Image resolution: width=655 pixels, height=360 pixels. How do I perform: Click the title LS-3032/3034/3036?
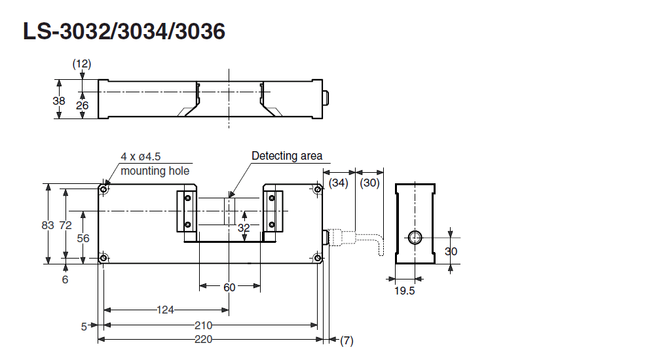point(124,31)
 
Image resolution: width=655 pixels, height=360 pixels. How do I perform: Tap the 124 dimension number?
point(165,310)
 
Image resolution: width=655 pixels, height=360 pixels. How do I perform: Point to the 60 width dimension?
point(229,287)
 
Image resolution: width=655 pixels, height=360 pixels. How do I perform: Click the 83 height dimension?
point(47,225)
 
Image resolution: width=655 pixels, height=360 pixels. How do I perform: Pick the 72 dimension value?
point(65,225)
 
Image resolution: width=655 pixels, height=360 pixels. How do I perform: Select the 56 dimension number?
point(83,238)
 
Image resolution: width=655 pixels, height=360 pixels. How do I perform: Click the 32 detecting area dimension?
point(244,228)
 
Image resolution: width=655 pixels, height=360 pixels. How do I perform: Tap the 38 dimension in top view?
point(59,101)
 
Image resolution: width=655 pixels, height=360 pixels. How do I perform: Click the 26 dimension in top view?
point(82,105)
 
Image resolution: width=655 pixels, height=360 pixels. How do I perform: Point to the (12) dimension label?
point(82,63)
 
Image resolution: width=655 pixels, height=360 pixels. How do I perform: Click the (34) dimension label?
point(339,183)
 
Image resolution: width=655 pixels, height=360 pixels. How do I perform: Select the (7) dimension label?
point(346,340)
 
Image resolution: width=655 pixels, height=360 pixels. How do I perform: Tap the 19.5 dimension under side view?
point(405,291)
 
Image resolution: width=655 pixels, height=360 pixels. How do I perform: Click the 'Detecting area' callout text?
point(287,156)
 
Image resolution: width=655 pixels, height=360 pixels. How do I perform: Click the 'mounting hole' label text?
point(155,171)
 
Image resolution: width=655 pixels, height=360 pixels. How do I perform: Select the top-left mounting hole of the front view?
point(103,189)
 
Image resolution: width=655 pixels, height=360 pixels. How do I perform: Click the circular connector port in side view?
point(415,237)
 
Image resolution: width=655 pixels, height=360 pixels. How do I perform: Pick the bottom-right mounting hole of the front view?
point(318,258)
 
